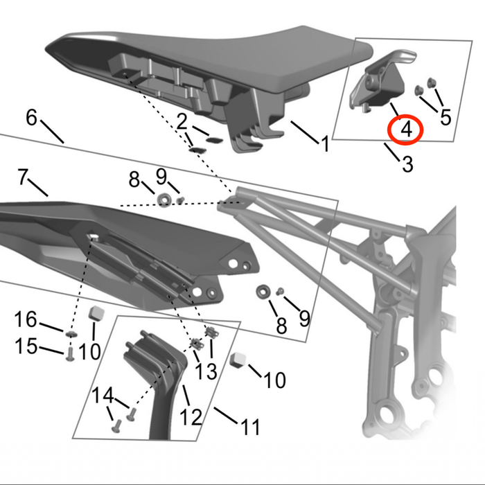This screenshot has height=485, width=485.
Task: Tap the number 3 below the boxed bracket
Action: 407,164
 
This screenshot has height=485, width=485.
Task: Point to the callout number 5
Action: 445,116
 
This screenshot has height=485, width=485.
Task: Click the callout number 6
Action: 32,117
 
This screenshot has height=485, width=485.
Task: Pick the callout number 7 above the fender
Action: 23,177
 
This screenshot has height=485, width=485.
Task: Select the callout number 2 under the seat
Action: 182,123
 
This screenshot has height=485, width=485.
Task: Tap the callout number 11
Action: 249,426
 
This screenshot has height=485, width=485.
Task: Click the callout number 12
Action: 191,416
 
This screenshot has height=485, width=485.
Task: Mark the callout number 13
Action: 206,371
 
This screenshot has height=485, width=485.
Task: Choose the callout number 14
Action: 102,396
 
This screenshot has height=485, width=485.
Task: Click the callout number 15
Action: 26,346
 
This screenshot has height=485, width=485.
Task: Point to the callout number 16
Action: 26,319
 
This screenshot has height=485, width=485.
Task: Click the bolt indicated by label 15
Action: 70,356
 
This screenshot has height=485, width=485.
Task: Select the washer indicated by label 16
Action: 71,335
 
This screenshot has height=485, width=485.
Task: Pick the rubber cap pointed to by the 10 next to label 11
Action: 238,358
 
